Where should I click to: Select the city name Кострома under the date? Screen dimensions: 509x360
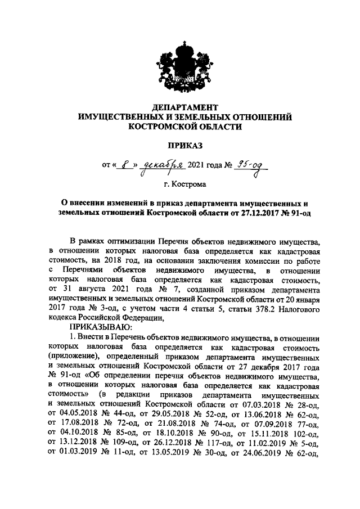coord(190,184)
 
